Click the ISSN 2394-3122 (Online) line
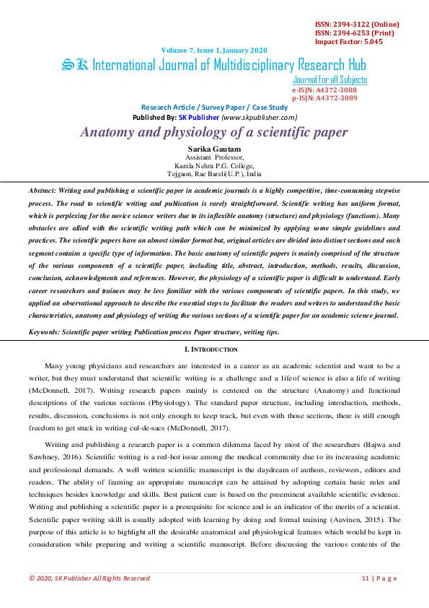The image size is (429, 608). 357,24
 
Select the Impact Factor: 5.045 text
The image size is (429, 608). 349,41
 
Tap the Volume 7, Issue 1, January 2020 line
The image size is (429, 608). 214,50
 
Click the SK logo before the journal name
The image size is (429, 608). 75,65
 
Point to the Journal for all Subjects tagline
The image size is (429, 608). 330,79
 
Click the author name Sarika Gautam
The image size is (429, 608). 214,149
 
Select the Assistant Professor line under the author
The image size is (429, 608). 214,157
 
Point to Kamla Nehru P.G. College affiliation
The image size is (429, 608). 214,165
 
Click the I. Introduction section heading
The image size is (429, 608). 214,349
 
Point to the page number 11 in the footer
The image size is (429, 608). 366,578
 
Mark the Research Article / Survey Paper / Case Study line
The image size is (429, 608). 214,106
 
